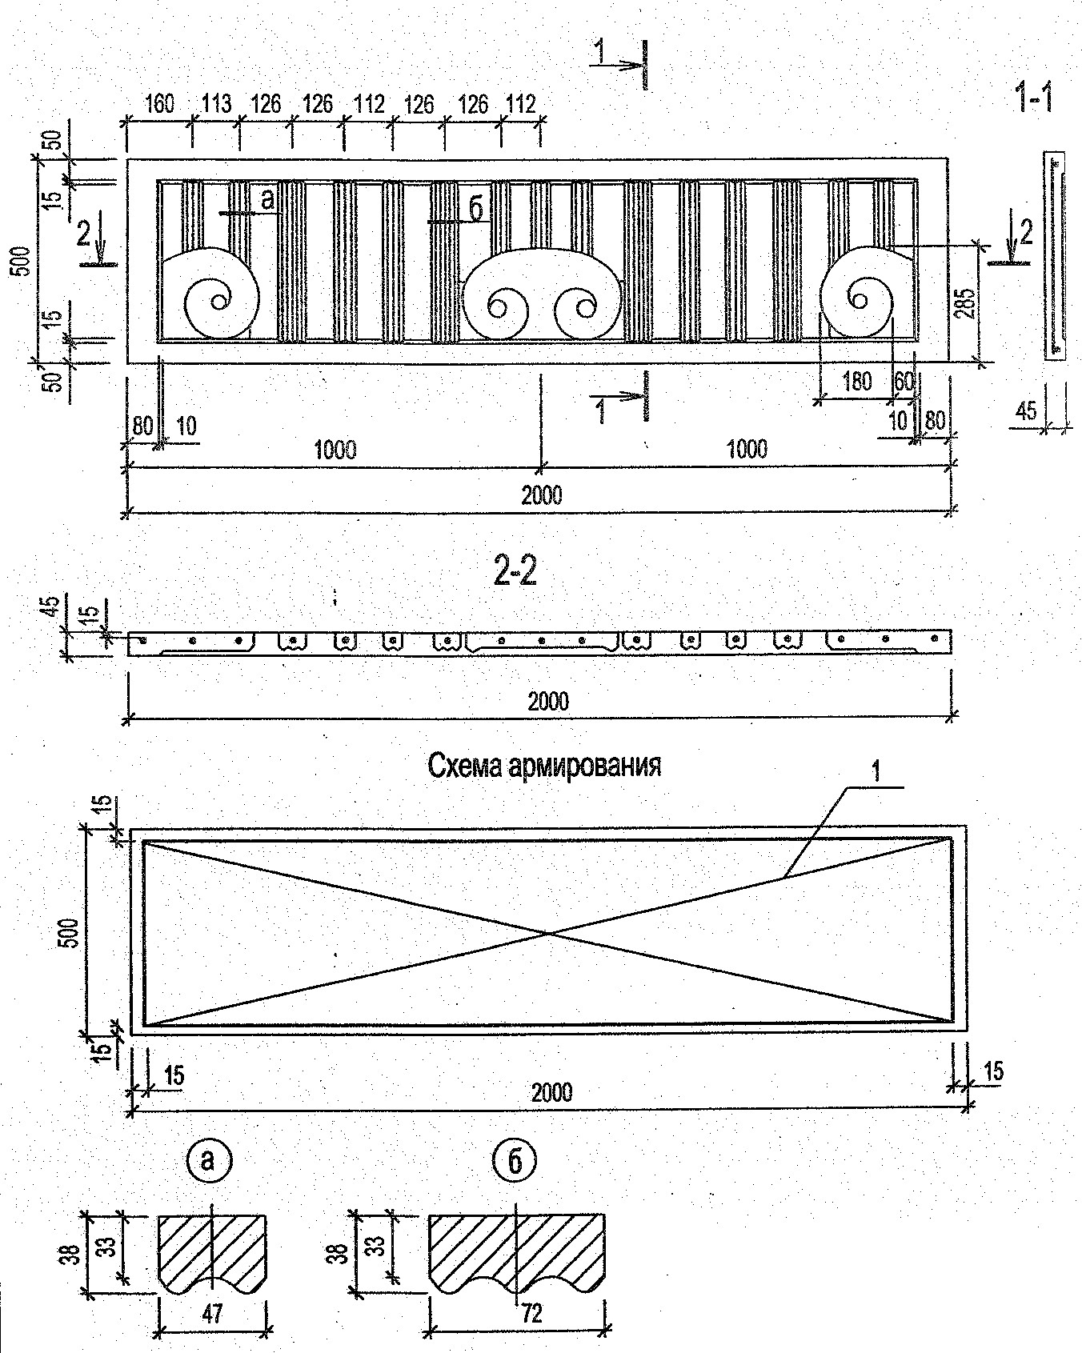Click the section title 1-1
(1032, 98)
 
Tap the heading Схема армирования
(545, 766)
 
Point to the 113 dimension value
(215, 104)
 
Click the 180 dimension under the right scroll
(856, 382)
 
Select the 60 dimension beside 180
(904, 382)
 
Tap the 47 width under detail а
(212, 1313)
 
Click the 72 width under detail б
(531, 1313)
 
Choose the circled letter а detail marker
(208, 1160)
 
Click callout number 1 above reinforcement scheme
(876, 772)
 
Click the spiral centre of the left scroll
(217, 302)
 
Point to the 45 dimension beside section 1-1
(1025, 411)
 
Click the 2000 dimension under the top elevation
(541, 495)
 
